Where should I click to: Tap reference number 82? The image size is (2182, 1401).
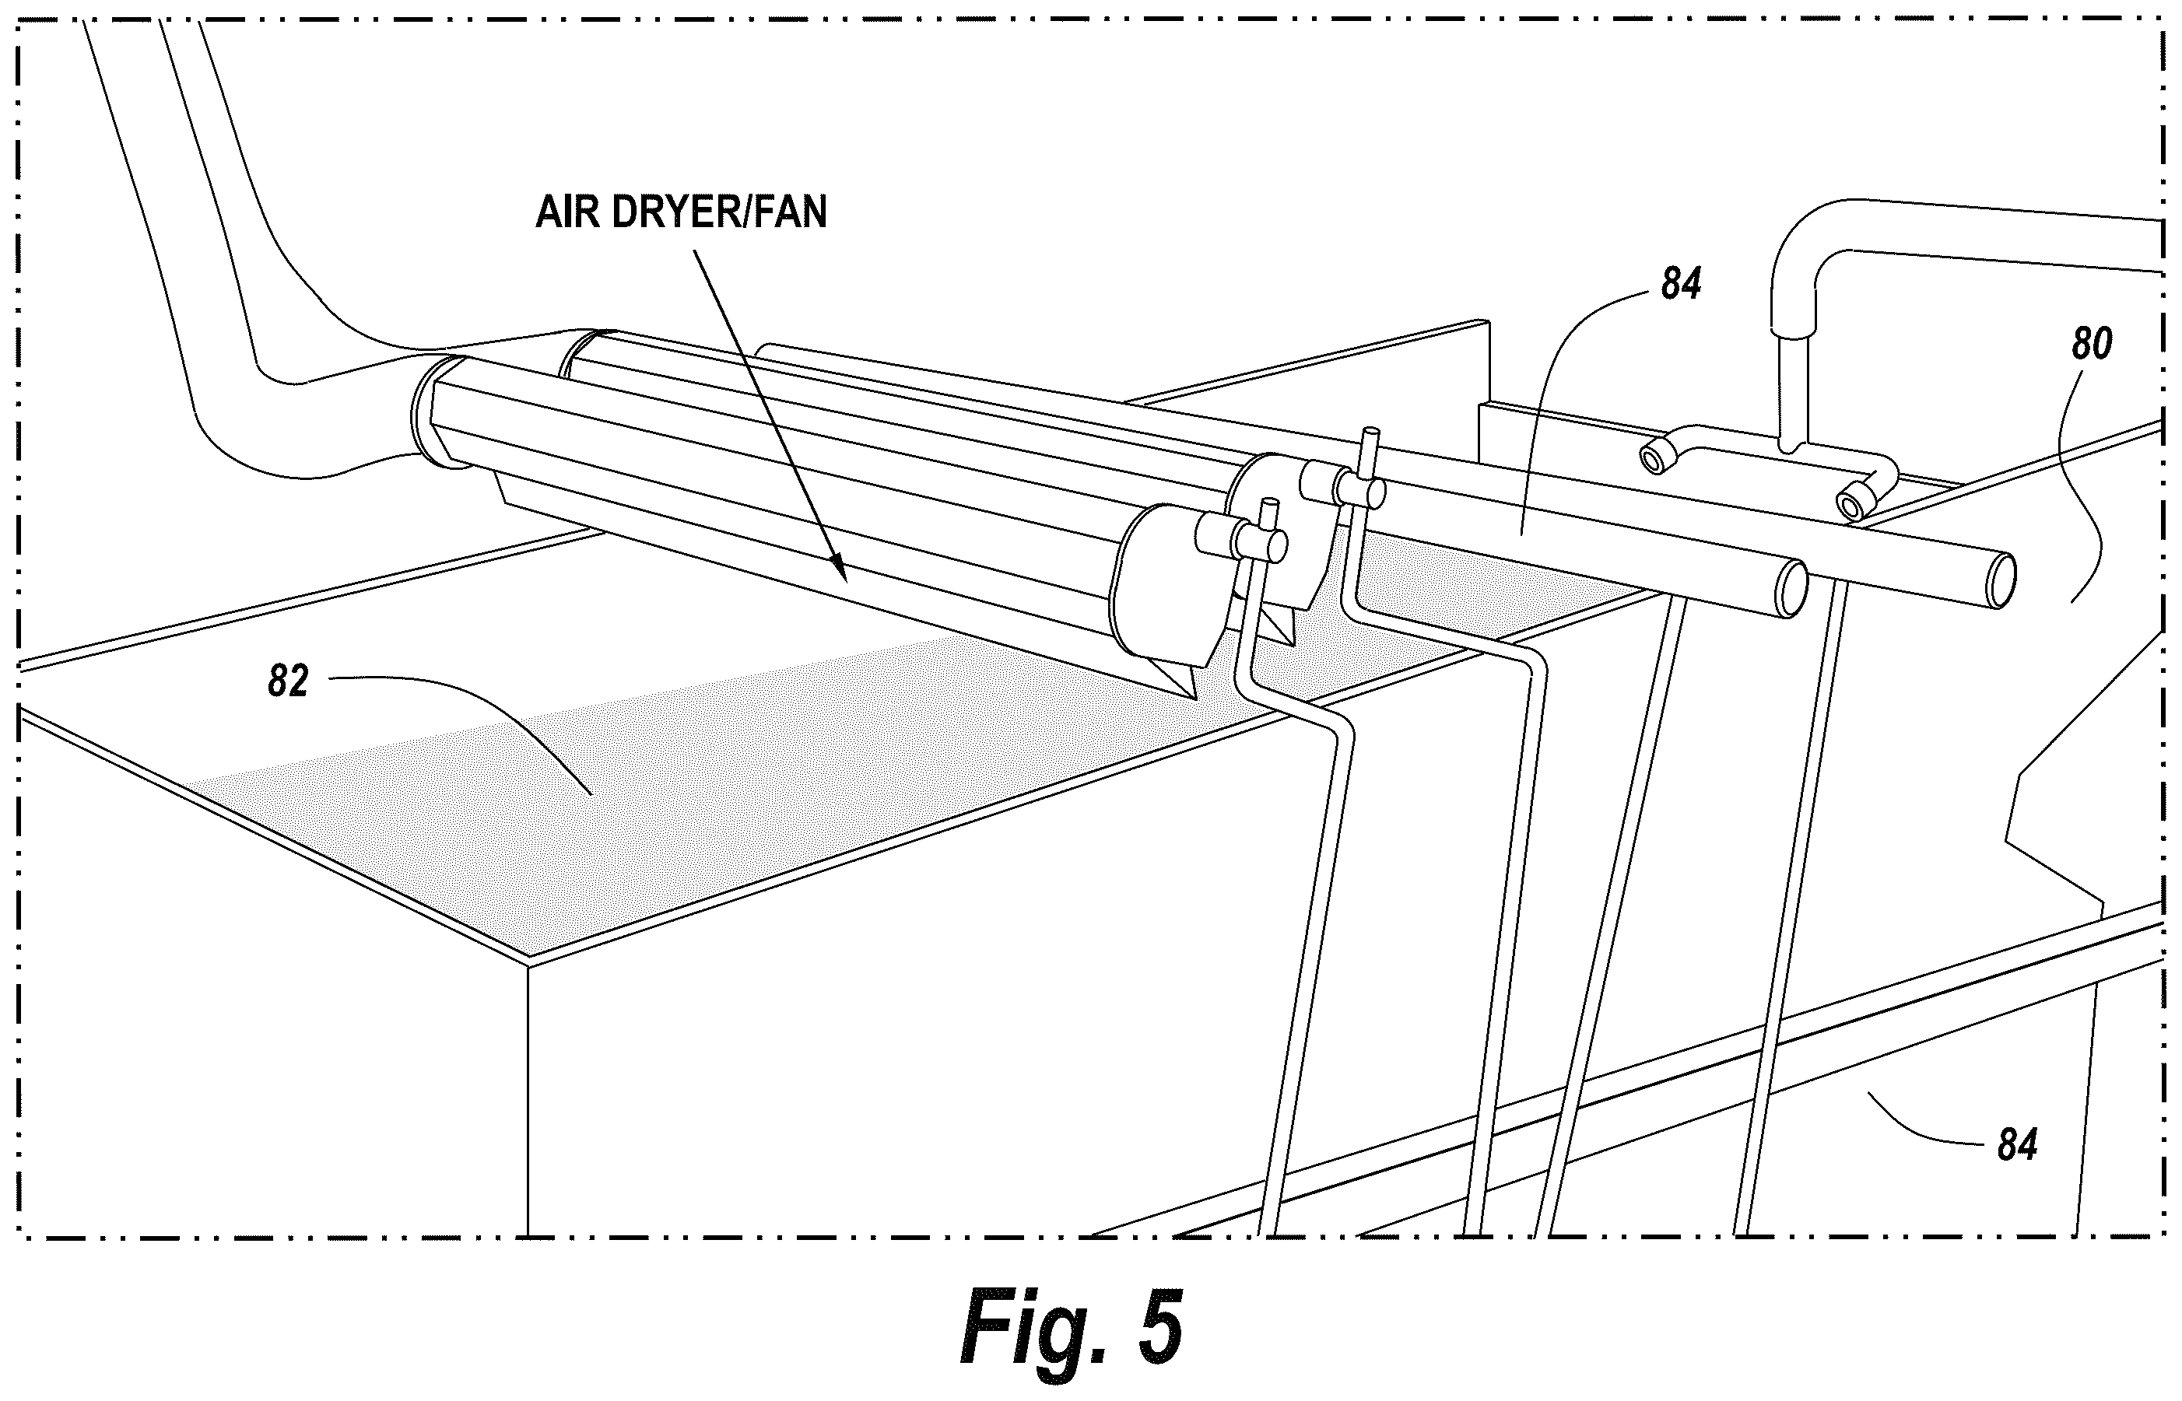click(289, 681)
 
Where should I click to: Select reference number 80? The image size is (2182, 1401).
click(2091, 344)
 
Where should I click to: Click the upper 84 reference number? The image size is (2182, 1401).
click(1681, 285)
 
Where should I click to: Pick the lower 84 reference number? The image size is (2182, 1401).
click(2016, 1144)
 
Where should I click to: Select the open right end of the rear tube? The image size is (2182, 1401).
click(2001, 578)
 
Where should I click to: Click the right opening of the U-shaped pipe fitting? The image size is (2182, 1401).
click(1853, 503)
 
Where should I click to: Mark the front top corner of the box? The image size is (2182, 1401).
click(528, 962)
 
